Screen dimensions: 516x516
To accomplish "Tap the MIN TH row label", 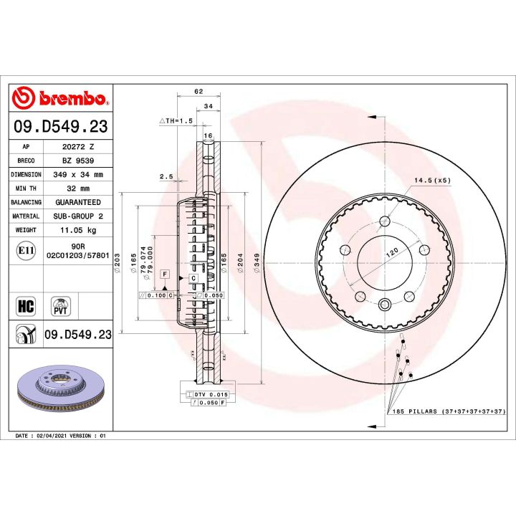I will (26, 188).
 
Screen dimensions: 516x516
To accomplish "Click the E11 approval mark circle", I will (25, 250).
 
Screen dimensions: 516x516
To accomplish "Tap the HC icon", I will (25, 307).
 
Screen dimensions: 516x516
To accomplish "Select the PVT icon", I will (60, 307).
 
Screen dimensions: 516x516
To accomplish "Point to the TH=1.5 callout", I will (177, 121).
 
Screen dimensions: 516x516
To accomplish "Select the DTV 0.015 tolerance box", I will (207, 395).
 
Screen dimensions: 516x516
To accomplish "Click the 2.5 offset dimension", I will (166, 176).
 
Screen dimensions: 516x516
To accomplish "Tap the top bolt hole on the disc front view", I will (385, 220).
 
